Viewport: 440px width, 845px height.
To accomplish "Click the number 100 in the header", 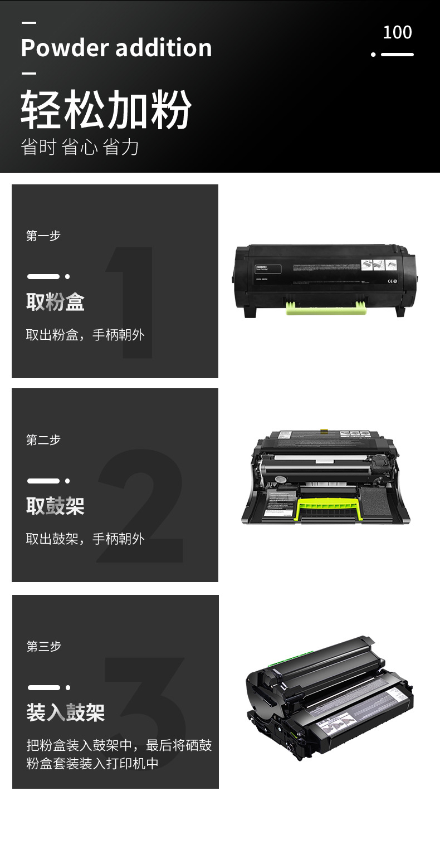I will click(x=397, y=32).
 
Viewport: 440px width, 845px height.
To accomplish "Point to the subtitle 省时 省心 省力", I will click(x=80, y=147).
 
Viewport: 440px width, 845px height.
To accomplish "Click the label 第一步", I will click(x=43, y=236).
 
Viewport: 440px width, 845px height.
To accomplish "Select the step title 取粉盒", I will click(x=55, y=302).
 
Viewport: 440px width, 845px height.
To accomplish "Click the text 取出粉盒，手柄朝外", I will click(x=85, y=335).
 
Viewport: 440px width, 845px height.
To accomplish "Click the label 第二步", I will click(x=43, y=440).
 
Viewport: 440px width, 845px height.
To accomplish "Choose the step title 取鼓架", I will click(x=55, y=506).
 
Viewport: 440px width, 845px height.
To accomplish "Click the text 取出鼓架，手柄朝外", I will click(x=85, y=539).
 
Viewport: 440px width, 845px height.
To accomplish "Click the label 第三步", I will click(x=43, y=647).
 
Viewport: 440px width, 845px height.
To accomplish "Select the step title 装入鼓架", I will click(x=65, y=712).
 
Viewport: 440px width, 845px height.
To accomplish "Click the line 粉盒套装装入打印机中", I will click(x=92, y=763).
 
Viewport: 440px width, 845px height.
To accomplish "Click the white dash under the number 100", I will click(x=397, y=55).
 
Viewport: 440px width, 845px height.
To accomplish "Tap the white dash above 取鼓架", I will click(x=43, y=481).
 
